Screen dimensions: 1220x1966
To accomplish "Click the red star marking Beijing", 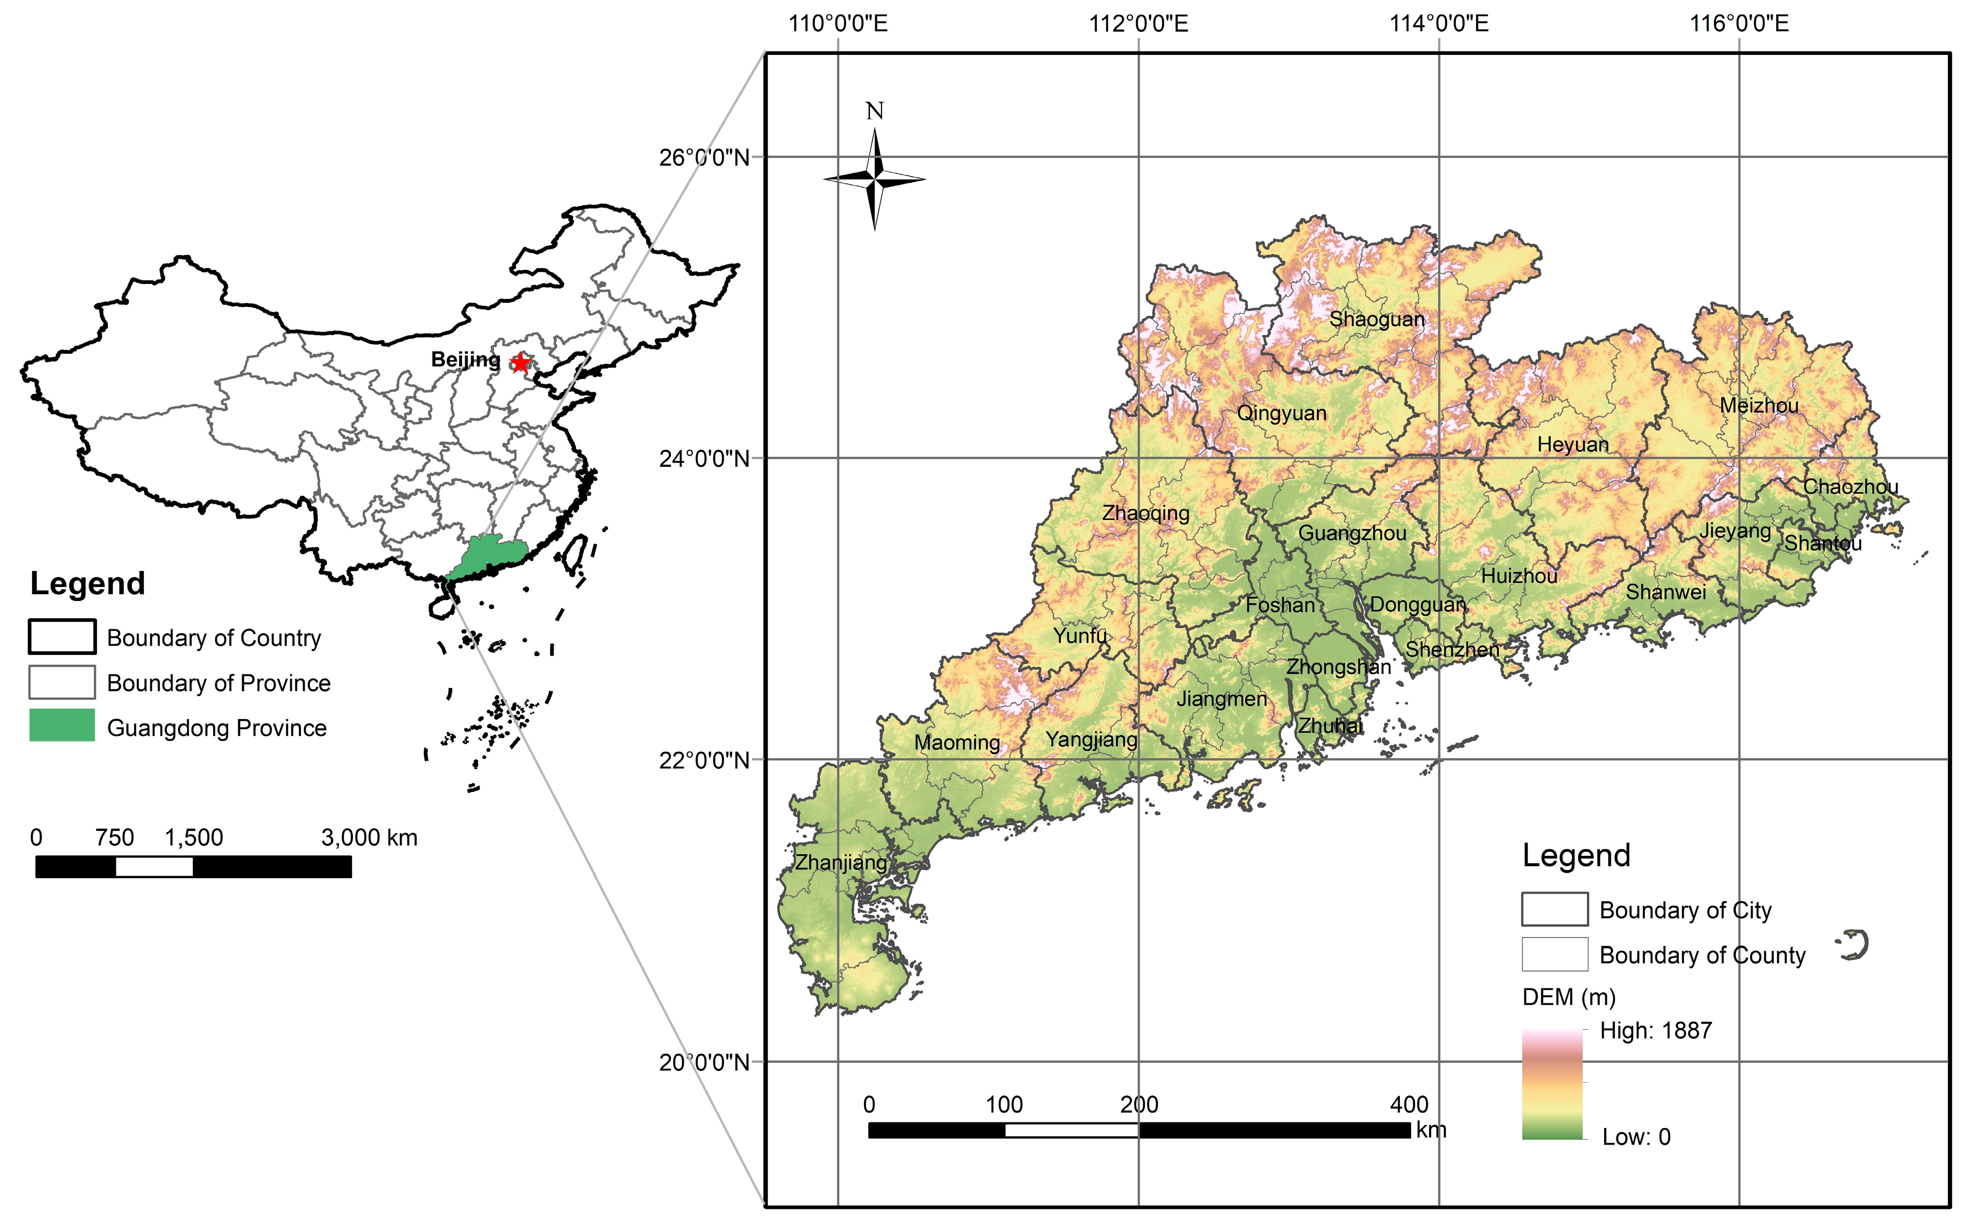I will pyautogui.click(x=520, y=363).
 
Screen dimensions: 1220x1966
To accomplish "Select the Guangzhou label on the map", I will pyautogui.click(x=1351, y=533).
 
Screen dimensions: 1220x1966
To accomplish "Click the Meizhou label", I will pyautogui.click(x=1759, y=406).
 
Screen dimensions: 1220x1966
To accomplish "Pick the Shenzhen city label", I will pyautogui.click(x=1452, y=649).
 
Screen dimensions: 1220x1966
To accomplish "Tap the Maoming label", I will pyautogui.click(x=957, y=742).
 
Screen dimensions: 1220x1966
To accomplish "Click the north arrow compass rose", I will pyautogui.click(x=875, y=179).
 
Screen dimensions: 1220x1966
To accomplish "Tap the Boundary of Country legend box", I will pyautogui.click(x=62, y=637).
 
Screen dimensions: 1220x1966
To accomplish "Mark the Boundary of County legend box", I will pyautogui.click(x=1555, y=954).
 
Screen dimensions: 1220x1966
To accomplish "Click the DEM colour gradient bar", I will pyautogui.click(x=1552, y=1084).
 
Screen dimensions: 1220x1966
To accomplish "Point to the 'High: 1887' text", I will pyautogui.click(x=1655, y=1030).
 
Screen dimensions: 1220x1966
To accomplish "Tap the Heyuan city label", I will pyautogui.click(x=1572, y=445).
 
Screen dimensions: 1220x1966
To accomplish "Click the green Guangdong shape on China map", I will pyautogui.click(x=488, y=555).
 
